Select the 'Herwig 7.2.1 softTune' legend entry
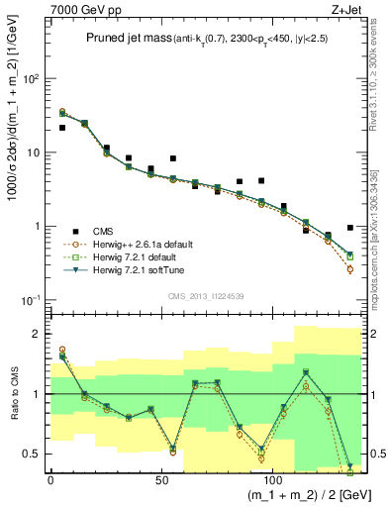click(x=134, y=269)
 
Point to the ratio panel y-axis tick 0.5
click(x=34, y=454)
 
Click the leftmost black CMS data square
click(x=62, y=128)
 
